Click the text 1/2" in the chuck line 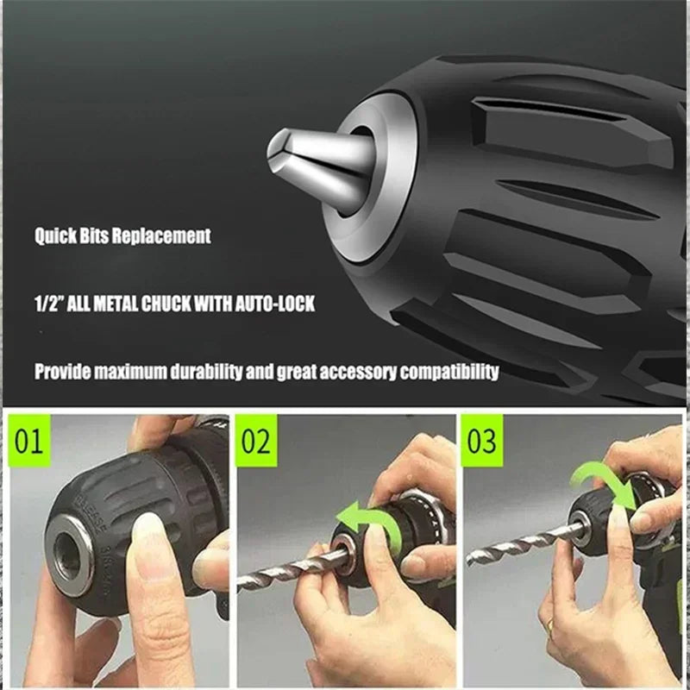tap(49, 304)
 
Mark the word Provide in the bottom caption tap(65, 372)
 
